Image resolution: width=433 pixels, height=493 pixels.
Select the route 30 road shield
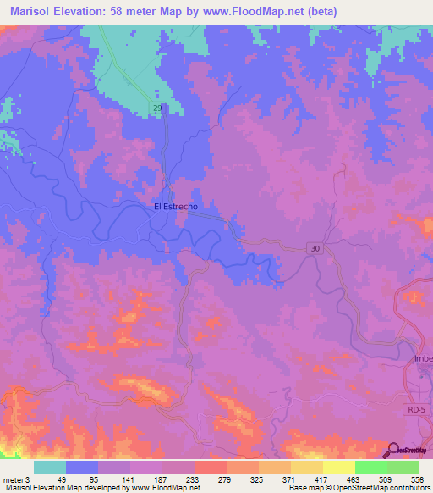(x=315, y=247)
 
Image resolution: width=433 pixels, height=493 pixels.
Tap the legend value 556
(x=417, y=479)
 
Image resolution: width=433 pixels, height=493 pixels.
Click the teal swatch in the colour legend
(x=50, y=467)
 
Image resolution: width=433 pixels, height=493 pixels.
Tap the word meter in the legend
(x=12, y=479)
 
